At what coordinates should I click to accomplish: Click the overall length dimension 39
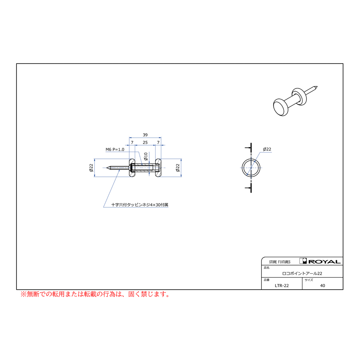(x=145, y=135)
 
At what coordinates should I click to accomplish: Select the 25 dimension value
(x=145, y=142)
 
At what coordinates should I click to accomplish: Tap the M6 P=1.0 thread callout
(x=115, y=150)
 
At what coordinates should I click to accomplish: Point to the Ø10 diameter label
(x=146, y=156)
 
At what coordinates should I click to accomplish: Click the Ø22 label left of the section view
(x=91, y=168)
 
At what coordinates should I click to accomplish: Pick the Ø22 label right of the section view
(x=178, y=168)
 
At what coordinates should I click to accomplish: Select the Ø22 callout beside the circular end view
(x=267, y=149)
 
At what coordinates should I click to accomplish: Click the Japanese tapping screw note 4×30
(x=140, y=204)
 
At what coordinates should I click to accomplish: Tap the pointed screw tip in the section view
(x=107, y=168)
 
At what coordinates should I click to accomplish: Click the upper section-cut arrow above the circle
(x=248, y=147)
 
